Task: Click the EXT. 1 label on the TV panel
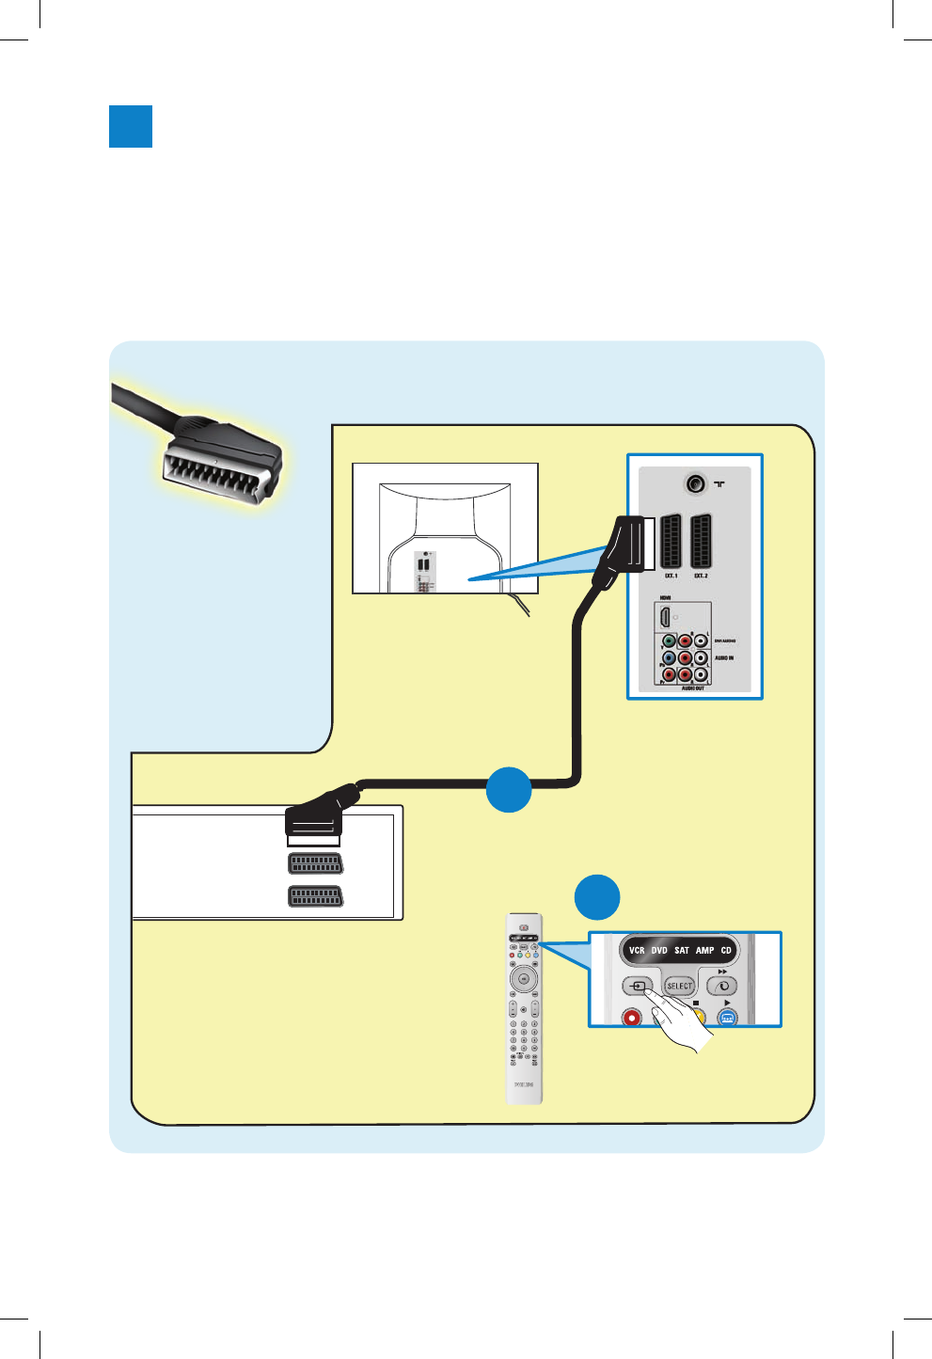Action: (x=671, y=576)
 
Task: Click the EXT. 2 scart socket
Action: (x=701, y=541)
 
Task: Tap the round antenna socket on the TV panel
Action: (x=695, y=483)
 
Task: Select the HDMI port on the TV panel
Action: (x=666, y=617)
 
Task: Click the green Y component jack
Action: (x=669, y=641)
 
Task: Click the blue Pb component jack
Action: (x=669, y=658)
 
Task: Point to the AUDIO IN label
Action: (x=724, y=658)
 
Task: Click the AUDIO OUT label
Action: (x=693, y=688)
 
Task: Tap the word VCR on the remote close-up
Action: (x=637, y=951)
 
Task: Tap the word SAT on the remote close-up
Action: (x=682, y=951)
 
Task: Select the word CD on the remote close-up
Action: (x=726, y=951)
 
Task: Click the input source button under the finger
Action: (x=639, y=987)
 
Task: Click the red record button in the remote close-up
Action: (x=632, y=1017)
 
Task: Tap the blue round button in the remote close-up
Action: (x=727, y=1018)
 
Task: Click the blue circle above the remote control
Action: (x=597, y=897)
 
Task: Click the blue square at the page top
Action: (x=131, y=126)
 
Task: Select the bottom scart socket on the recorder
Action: (x=315, y=896)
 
